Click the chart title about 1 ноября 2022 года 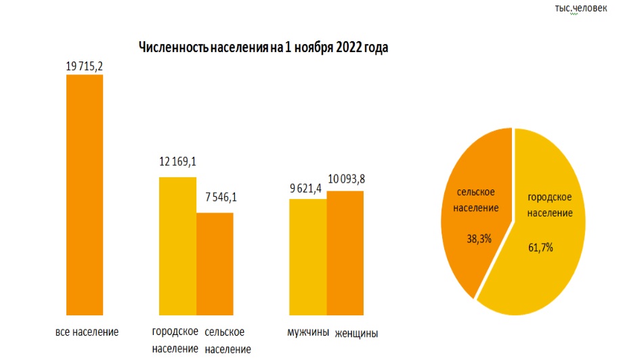click(264, 47)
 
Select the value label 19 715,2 click(84, 66)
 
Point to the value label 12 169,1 click(177, 162)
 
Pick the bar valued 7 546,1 click(215, 264)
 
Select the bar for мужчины click(308, 257)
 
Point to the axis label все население click(87, 332)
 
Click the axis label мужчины click(308, 332)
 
